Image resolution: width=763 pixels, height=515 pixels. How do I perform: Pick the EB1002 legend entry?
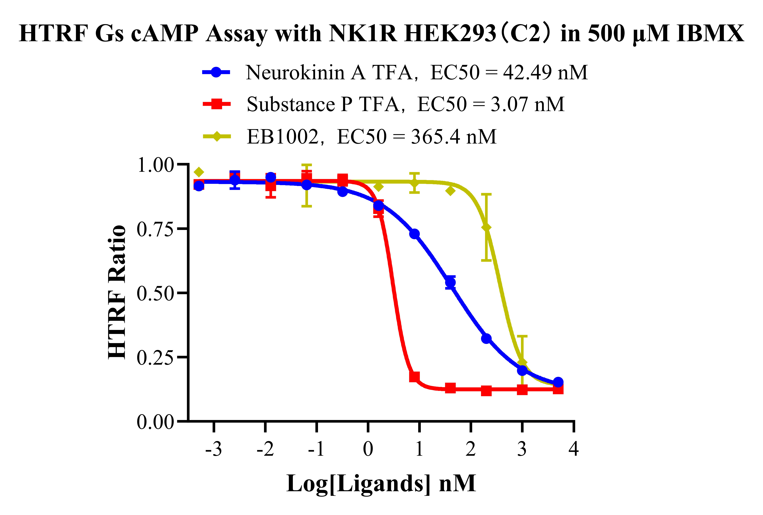[282, 137]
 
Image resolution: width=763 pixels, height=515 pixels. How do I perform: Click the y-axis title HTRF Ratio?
[117, 292]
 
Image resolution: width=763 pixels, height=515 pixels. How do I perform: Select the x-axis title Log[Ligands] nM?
[381, 484]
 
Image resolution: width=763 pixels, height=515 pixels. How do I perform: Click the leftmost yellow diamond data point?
[199, 172]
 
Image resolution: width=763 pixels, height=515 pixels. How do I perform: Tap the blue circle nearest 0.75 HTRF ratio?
[415, 234]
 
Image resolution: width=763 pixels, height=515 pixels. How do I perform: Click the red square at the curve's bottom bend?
[414, 377]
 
